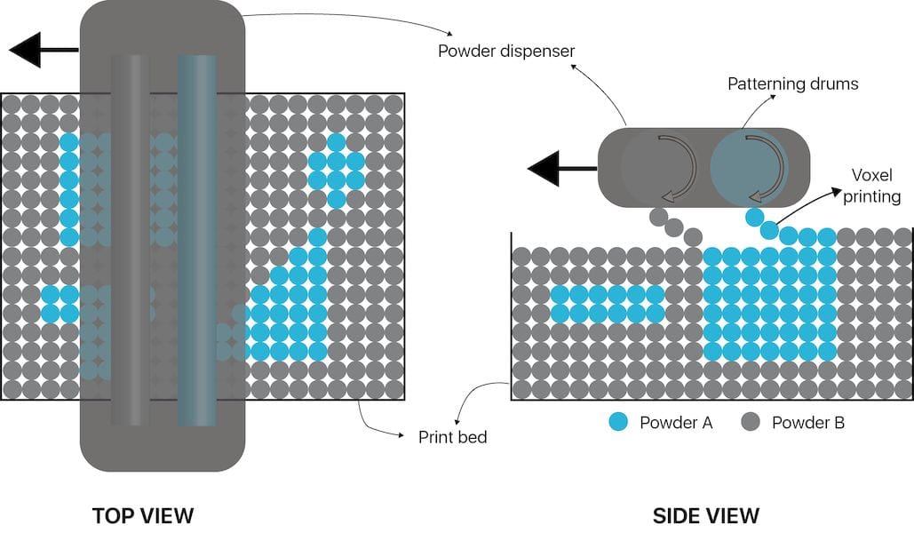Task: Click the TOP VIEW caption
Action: [x=142, y=515]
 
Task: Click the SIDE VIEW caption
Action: [x=706, y=515]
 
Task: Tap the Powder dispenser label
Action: [x=506, y=51]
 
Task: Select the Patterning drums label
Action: [x=793, y=84]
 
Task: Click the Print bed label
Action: [x=452, y=436]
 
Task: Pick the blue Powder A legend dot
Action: [x=619, y=422]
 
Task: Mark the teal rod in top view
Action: [x=196, y=240]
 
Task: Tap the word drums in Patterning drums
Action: [x=837, y=84]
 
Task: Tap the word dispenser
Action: [x=533, y=51]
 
